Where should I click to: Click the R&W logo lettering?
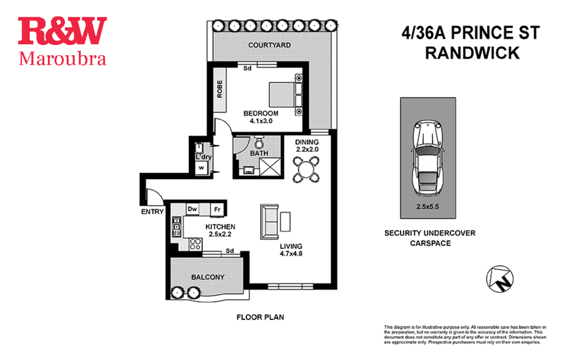62,31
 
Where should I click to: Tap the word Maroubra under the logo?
62,59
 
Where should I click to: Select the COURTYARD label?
269,45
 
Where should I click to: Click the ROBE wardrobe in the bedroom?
220,90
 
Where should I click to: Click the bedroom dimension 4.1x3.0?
261,121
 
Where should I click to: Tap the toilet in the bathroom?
259,142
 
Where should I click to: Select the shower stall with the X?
270,167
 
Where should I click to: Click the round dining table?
306,169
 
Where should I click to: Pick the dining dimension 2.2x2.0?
307,149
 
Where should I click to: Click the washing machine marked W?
201,168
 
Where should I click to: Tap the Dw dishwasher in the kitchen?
193,209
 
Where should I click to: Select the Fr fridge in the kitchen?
217,209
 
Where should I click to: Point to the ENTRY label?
152,212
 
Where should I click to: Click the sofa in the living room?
270,222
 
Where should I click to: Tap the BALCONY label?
208,277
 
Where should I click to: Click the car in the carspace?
428,158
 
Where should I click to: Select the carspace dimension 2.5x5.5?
428,207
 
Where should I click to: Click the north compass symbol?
500,279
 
